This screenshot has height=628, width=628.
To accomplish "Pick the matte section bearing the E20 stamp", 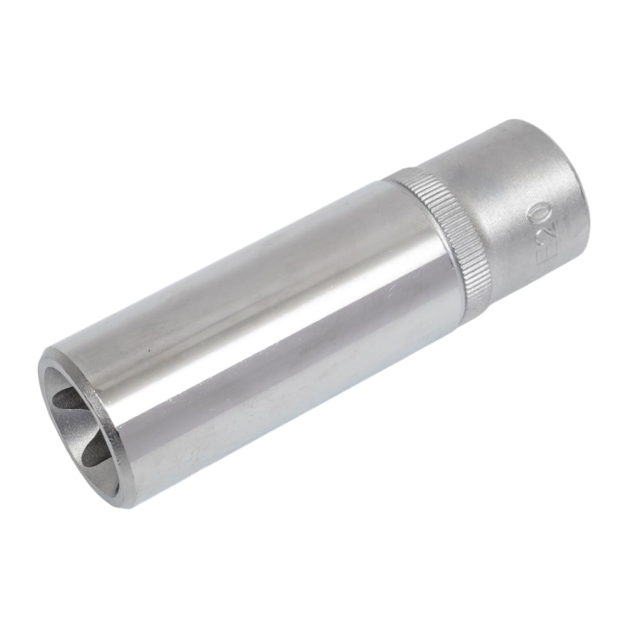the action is [521, 208].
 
